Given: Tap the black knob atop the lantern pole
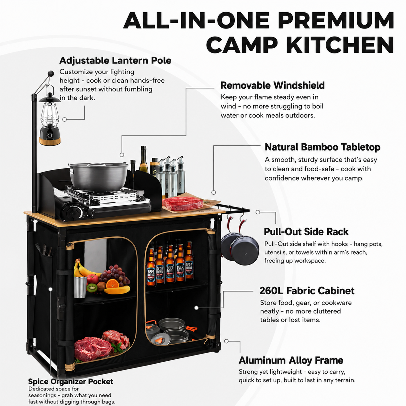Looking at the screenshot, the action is click(51, 73).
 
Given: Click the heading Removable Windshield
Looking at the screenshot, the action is click(272, 85).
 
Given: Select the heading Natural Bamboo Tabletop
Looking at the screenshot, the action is click(322, 147).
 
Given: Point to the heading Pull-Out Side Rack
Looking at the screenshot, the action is click(306, 232).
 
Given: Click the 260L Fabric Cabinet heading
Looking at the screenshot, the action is click(307, 291).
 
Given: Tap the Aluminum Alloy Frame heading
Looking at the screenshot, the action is click(291, 360).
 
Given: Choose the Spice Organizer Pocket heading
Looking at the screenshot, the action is click(71, 381).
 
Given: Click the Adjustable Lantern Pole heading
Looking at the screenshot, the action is click(115, 61).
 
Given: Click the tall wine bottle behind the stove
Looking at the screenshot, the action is click(143, 159).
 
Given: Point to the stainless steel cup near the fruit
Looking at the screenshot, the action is click(80, 287).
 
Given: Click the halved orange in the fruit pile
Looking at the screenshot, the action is click(113, 284).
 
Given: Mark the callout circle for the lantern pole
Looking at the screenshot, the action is click(65, 119).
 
